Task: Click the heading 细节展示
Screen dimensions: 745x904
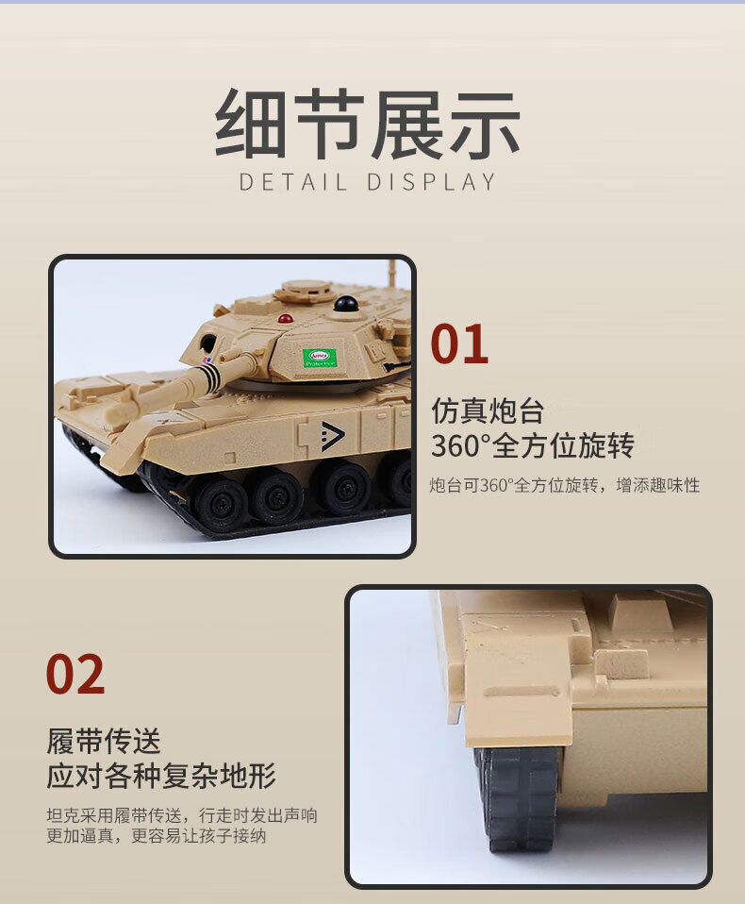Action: pos(368,125)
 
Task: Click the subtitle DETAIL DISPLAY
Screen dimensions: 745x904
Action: pos(368,182)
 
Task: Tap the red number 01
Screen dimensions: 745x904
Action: pos(459,344)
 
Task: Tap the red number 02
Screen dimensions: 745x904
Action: pos(74,674)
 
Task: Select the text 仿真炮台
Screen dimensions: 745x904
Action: pos(488,410)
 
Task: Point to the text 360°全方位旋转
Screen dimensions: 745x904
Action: pos(533,445)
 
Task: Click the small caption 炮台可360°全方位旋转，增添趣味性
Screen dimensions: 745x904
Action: pos(565,485)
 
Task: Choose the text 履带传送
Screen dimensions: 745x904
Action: pos(103,741)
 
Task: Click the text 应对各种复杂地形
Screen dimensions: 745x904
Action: pos(161,776)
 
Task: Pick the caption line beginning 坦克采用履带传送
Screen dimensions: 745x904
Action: pos(182,815)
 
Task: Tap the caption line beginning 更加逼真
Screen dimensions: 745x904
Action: pos(157,835)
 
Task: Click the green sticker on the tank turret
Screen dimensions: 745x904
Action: pos(319,358)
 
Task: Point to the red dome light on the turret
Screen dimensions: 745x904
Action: pos(285,318)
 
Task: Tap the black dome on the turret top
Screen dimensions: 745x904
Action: pos(346,304)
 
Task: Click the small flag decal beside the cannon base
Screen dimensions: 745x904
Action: pos(207,360)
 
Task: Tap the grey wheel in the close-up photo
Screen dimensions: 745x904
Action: pos(516,798)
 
